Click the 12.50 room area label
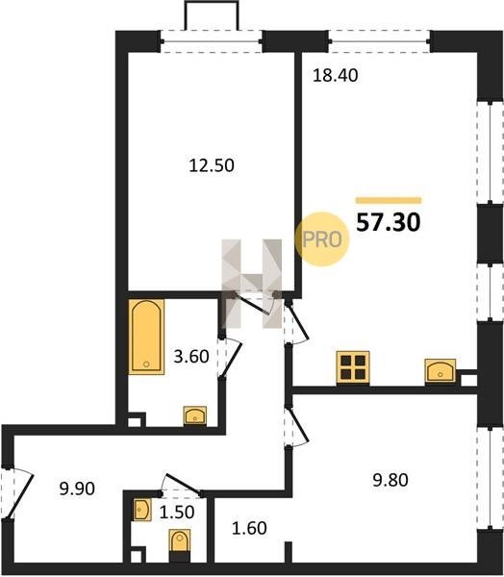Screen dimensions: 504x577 pyautogui.click(x=212, y=166)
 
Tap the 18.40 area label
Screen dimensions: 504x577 pyautogui.click(x=335, y=75)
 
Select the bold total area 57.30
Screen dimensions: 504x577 pyautogui.click(x=389, y=223)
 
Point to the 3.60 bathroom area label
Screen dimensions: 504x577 pyautogui.click(x=191, y=357)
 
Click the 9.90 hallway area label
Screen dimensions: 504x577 pyautogui.click(x=77, y=489)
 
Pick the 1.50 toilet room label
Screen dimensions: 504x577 pyautogui.click(x=177, y=513)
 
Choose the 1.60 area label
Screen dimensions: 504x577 pyautogui.click(x=249, y=528)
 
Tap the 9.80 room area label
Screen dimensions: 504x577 pyautogui.click(x=391, y=480)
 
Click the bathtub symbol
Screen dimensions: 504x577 pyautogui.click(x=146, y=337)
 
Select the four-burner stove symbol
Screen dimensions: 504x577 pyautogui.click(x=353, y=367)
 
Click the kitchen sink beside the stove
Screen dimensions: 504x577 pyautogui.click(x=441, y=370)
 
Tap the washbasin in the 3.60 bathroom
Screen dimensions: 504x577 pyautogui.click(x=195, y=415)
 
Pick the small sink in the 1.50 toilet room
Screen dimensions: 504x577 pyautogui.click(x=141, y=510)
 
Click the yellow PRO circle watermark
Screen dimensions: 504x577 pyautogui.click(x=322, y=239)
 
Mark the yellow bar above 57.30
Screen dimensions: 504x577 pyautogui.click(x=389, y=201)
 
